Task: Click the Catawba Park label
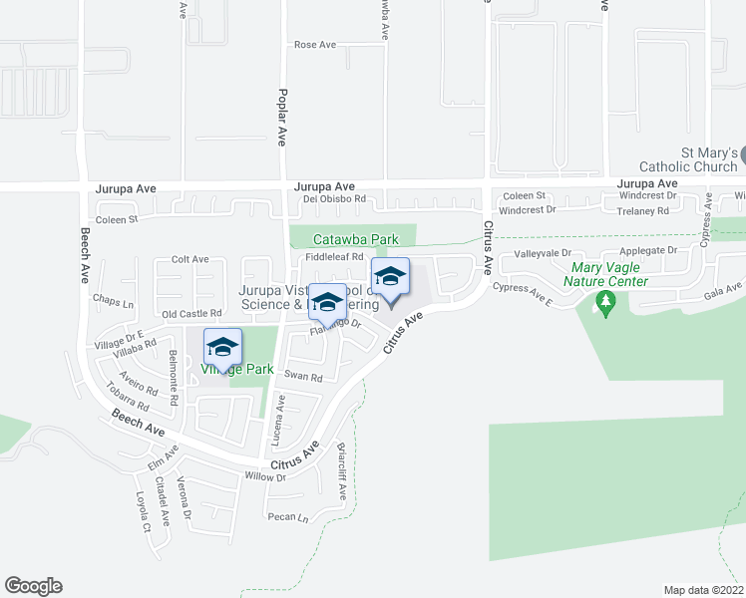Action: point(355,239)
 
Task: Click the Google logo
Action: point(33,586)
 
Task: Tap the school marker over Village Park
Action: point(222,348)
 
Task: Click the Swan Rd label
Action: point(303,377)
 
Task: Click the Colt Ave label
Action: point(189,259)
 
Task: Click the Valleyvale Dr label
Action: point(542,254)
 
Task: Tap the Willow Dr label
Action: point(266,476)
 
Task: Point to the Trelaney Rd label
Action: point(642,211)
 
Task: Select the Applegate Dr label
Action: point(648,250)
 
